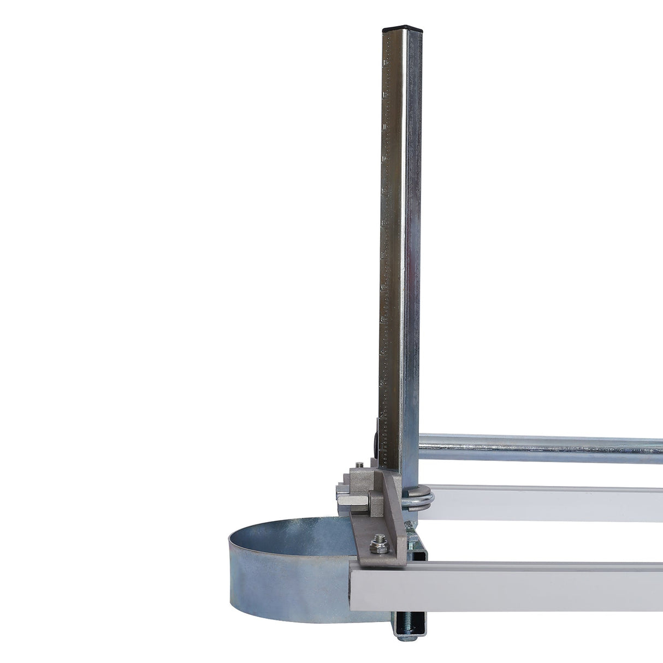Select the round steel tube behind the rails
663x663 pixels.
(541, 448)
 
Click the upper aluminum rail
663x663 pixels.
(546, 502)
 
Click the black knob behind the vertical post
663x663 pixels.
(376, 440)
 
